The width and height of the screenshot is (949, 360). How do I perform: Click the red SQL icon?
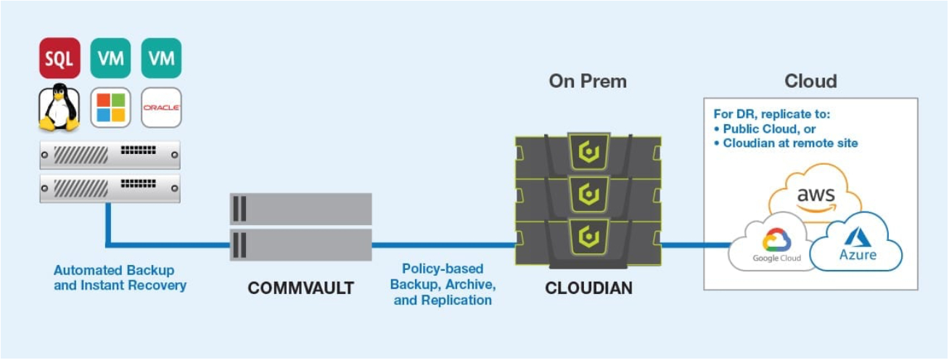(x=59, y=58)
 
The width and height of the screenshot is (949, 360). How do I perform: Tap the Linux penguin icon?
(x=59, y=107)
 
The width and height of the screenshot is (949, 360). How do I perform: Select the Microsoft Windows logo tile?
(x=110, y=107)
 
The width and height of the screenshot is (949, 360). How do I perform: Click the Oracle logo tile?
(x=161, y=107)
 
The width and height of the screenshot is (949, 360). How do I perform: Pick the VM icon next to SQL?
(x=110, y=58)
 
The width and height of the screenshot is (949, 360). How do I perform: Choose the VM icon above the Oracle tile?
(x=161, y=58)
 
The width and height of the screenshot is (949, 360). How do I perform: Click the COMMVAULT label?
(x=301, y=288)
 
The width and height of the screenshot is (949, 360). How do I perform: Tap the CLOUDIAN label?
(x=589, y=288)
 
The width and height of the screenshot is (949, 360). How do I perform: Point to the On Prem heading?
(x=588, y=81)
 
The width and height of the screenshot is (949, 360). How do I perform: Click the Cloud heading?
(x=811, y=81)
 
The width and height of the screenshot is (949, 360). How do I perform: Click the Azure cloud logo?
(x=857, y=243)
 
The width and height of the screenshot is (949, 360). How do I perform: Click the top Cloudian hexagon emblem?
(x=589, y=152)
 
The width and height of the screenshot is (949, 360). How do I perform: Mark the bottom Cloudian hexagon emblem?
(x=589, y=237)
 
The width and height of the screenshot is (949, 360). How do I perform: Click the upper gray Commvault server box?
(x=301, y=209)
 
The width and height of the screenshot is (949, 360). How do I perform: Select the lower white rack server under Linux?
(x=110, y=188)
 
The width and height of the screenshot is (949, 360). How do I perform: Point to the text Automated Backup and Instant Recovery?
(x=120, y=278)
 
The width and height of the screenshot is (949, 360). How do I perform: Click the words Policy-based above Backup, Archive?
(x=443, y=269)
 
